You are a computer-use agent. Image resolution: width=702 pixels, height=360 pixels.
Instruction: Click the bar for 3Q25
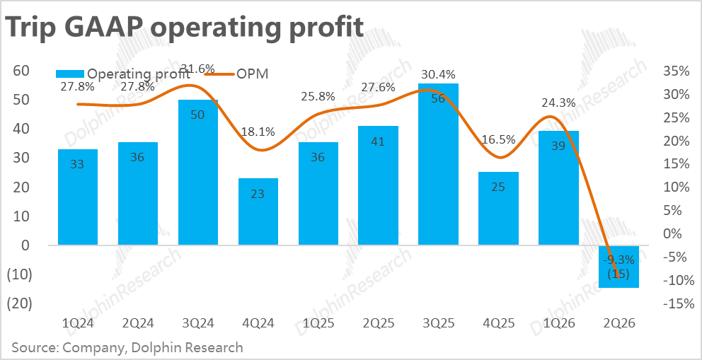point(438,164)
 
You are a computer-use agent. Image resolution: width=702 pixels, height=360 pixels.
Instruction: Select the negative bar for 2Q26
point(618,267)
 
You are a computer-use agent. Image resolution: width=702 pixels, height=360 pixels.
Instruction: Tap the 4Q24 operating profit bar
point(258,211)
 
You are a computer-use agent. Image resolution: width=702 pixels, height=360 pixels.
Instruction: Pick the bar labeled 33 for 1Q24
point(78,197)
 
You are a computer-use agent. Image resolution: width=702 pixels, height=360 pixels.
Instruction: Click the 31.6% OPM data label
point(197,69)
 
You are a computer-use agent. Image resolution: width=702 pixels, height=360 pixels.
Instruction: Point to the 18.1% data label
point(258,132)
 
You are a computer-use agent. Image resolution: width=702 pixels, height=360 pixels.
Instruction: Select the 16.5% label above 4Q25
point(498,139)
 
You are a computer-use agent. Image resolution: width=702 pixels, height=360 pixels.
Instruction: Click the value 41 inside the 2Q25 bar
point(379,141)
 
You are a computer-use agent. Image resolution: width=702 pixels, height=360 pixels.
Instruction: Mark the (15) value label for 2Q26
point(618,274)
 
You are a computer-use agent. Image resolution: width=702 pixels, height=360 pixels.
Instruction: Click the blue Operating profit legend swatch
point(69,74)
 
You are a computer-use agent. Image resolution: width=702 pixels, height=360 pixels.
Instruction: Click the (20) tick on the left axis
point(20,303)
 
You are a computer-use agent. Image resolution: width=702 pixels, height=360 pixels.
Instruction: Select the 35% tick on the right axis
point(677,72)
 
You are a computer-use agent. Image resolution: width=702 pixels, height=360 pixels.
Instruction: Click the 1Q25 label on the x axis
point(318,324)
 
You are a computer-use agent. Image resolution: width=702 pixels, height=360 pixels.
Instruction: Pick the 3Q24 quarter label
point(198,324)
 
